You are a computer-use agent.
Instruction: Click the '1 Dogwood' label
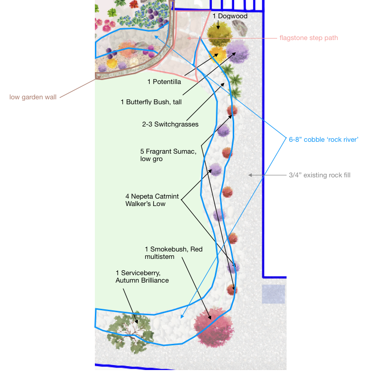click(x=230, y=16)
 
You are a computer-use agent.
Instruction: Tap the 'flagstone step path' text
click(x=309, y=38)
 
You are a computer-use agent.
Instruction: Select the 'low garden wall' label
click(x=33, y=97)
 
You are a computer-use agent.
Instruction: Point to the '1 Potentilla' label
click(x=165, y=82)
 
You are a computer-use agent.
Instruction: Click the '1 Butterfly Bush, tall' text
click(x=151, y=102)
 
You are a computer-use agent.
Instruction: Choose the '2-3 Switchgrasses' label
click(x=170, y=124)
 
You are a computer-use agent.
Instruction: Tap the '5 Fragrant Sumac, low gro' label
click(x=168, y=155)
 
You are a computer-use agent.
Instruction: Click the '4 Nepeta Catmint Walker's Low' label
click(x=152, y=200)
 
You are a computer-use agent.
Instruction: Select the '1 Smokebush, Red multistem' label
click(x=173, y=253)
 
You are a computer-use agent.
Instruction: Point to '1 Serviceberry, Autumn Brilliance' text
click(x=142, y=277)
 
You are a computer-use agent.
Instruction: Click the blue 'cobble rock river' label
click(x=324, y=140)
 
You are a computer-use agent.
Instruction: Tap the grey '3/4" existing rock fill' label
click(x=320, y=175)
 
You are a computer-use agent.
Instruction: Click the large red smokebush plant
click(x=213, y=328)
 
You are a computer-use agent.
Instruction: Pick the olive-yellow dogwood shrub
click(x=219, y=34)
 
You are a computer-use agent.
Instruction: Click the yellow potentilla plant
click(x=217, y=54)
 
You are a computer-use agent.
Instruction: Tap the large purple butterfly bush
click(x=238, y=52)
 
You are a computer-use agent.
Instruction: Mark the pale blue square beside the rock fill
click(x=273, y=294)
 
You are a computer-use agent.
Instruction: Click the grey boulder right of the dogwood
click(x=240, y=28)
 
